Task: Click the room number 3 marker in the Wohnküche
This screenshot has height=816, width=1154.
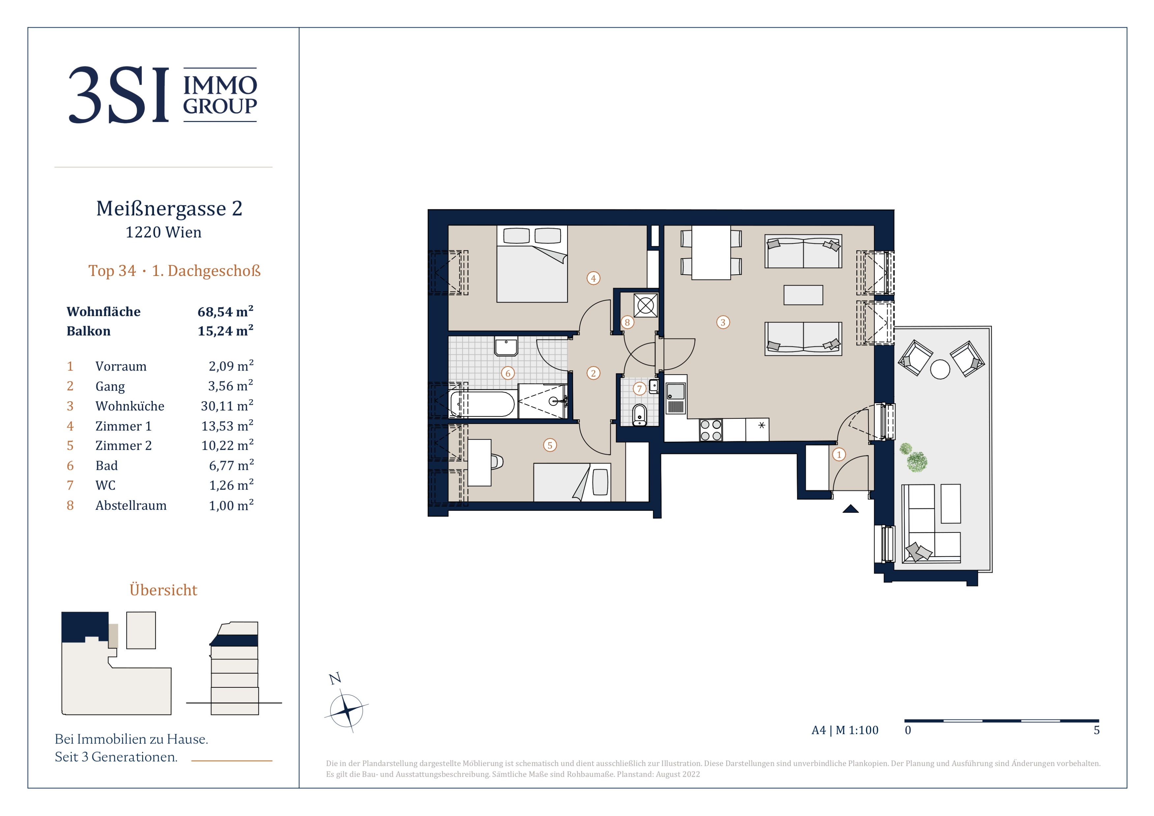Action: [723, 322]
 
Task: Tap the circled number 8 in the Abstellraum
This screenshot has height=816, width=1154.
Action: [627, 322]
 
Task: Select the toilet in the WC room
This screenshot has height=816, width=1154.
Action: [639, 415]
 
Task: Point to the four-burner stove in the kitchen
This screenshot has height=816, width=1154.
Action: [711, 430]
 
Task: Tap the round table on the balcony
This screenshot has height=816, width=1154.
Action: [940, 369]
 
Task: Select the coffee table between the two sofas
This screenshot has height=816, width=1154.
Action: [803, 295]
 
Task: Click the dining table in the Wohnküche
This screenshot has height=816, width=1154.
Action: [711, 252]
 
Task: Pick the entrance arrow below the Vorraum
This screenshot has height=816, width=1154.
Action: [850, 509]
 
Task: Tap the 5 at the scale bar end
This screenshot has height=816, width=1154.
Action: [1097, 730]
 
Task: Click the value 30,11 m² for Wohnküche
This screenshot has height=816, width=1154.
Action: [227, 406]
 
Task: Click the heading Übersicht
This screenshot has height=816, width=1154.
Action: [163, 589]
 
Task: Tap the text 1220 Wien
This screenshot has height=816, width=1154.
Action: [163, 232]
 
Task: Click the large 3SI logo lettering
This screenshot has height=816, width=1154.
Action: [119, 95]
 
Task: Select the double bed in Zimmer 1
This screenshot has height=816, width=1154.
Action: [532, 264]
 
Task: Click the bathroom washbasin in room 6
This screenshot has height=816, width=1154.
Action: [506, 346]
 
